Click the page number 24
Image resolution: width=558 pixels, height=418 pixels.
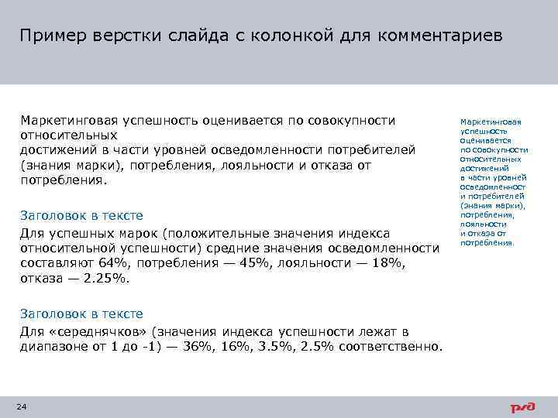pyautogui.click(x=22, y=407)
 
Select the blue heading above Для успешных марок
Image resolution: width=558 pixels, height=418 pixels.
pyautogui.click(x=81, y=216)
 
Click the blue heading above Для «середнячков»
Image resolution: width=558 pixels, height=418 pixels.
pyautogui.click(x=81, y=314)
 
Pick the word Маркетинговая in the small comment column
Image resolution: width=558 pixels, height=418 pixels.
pyautogui.click(x=491, y=122)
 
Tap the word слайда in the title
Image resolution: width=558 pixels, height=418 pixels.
pyautogui.click(x=172, y=36)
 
